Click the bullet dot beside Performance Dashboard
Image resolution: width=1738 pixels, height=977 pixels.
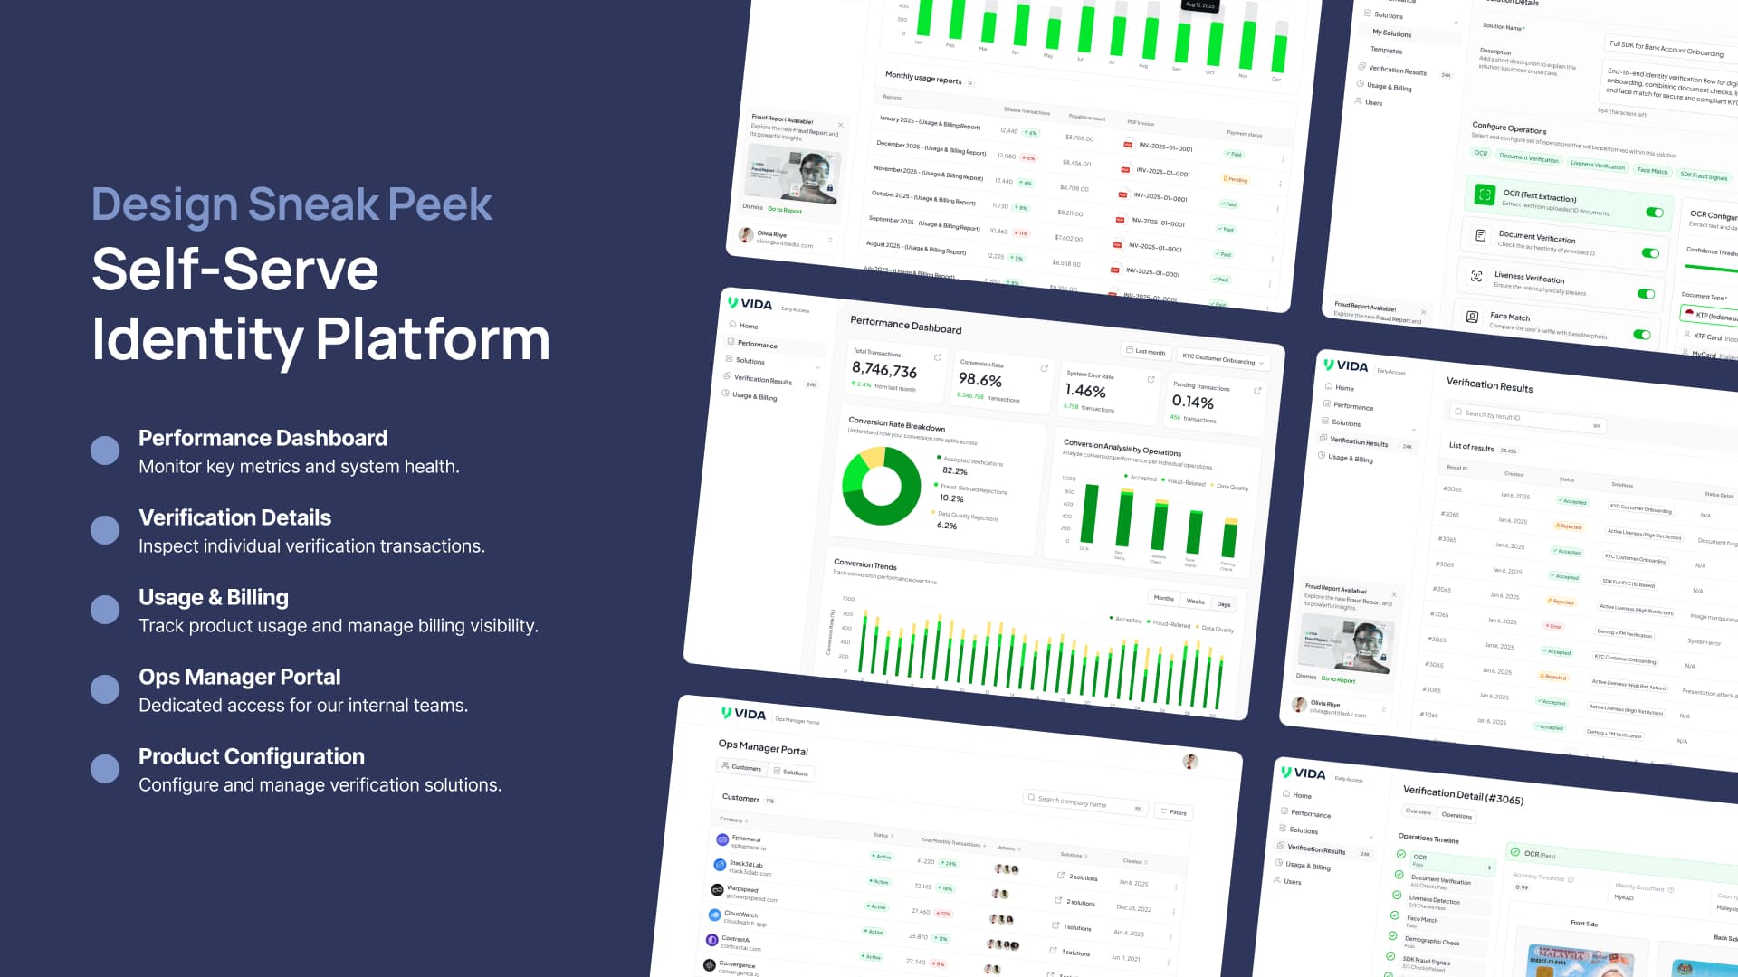pyautogui.click(x=105, y=451)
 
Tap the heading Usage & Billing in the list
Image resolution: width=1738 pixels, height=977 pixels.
pyautogui.click(x=214, y=597)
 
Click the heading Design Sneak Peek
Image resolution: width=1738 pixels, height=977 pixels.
pyautogui.click(x=291, y=204)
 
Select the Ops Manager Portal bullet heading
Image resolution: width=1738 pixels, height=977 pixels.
pyautogui.click(x=239, y=677)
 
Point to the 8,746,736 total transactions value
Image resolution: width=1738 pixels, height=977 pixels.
pyautogui.click(x=884, y=370)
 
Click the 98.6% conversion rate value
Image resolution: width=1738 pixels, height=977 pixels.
pyautogui.click(x=979, y=380)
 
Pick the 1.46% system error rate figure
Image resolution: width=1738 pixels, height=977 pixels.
pyautogui.click(x=1085, y=391)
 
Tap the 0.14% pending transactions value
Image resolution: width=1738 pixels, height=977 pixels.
pyautogui.click(x=1192, y=402)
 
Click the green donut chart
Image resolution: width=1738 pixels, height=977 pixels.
pyautogui.click(x=881, y=486)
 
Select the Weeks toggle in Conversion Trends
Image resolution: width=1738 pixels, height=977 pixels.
pyautogui.click(x=1195, y=602)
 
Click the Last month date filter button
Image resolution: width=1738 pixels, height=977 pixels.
pyautogui.click(x=1146, y=351)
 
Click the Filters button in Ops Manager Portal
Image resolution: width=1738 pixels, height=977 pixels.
pyautogui.click(x=1174, y=812)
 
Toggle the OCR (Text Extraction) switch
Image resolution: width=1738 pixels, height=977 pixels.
pyautogui.click(x=1654, y=213)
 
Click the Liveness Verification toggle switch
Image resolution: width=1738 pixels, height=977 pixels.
pyautogui.click(x=1646, y=294)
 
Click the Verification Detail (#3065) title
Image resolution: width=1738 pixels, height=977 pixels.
pyautogui.click(x=1463, y=794)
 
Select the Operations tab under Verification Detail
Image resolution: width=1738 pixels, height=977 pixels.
pyautogui.click(x=1456, y=815)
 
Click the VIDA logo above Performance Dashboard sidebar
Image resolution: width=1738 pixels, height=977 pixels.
pyautogui.click(x=750, y=304)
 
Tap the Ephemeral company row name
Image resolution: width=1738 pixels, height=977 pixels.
pyautogui.click(x=746, y=839)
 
